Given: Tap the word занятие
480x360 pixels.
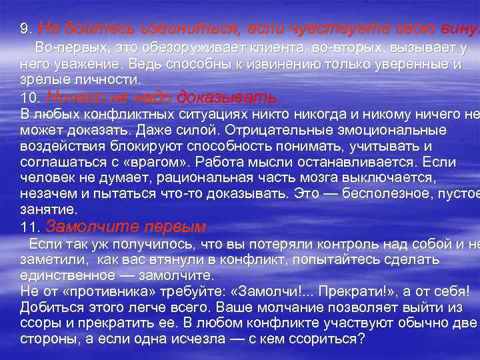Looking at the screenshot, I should (45, 209).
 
